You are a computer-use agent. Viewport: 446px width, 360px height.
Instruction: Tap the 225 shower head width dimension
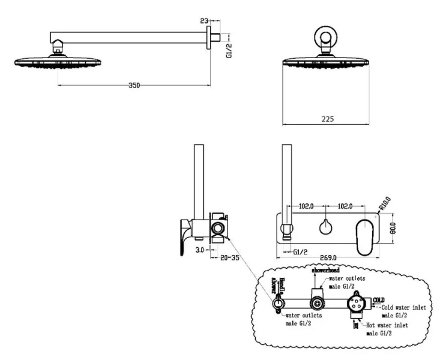327,119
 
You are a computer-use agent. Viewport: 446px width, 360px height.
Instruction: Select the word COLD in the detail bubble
379,299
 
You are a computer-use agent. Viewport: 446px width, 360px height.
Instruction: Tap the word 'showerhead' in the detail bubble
325,271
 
